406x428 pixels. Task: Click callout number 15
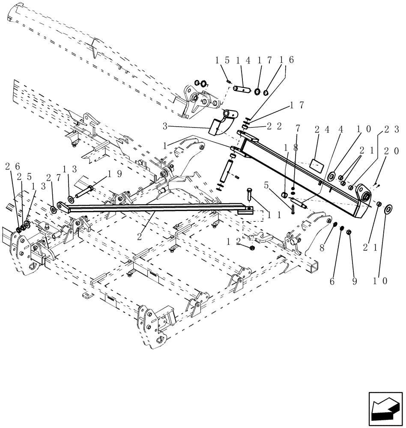[x=221, y=61]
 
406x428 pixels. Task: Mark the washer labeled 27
[x=54, y=209]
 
